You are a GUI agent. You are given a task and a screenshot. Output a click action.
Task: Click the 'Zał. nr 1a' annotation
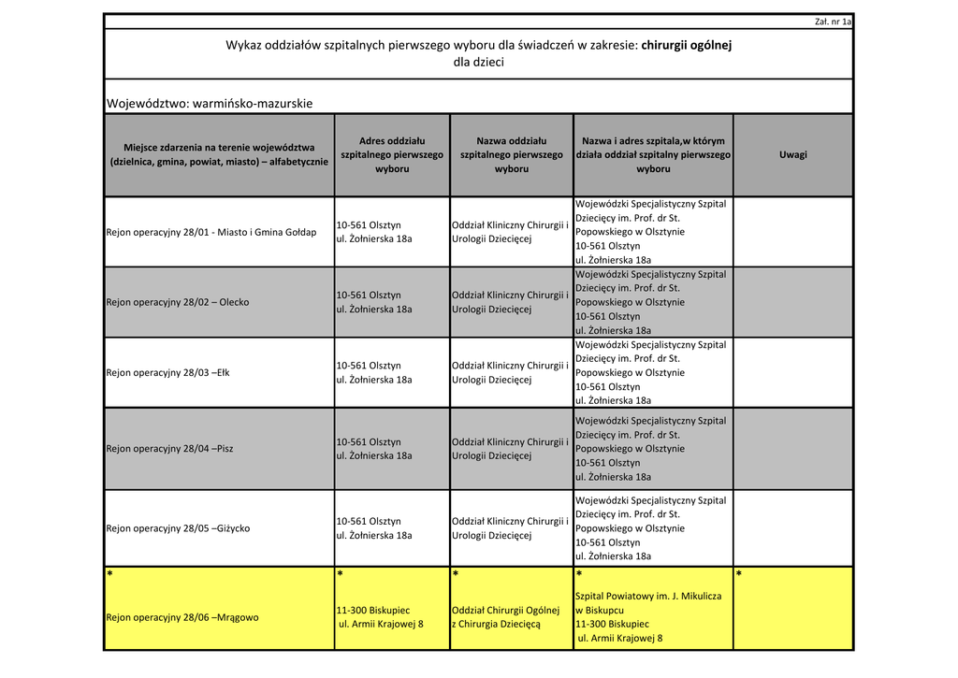[x=834, y=22]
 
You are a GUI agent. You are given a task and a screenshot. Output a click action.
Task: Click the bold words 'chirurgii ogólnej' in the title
[x=686, y=45]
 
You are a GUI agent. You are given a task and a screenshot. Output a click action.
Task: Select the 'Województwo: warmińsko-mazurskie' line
[x=210, y=103]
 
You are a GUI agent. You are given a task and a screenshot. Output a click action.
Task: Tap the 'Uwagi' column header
[x=792, y=154]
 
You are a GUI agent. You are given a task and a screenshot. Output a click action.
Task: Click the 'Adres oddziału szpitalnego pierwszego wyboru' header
[x=392, y=154]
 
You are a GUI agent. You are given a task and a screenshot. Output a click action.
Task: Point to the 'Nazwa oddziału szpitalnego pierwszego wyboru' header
[x=512, y=154]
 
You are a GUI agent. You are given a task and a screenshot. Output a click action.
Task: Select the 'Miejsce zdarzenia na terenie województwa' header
[x=219, y=154]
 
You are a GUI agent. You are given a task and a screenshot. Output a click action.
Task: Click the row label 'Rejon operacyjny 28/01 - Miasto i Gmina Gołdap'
[x=211, y=232]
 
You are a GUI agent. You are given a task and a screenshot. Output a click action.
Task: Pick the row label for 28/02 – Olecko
[x=178, y=302]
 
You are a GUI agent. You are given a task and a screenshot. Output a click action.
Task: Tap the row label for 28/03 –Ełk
[x=168, y=372]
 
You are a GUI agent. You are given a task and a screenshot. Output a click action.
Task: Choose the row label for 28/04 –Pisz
[x=170, y=449]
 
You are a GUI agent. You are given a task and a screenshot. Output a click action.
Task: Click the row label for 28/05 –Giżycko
[x=178, y=528]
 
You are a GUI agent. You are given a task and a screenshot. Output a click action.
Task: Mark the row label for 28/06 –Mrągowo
[x=182, y=617]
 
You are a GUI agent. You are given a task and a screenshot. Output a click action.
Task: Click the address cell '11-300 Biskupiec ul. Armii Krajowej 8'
[x=380, y=617]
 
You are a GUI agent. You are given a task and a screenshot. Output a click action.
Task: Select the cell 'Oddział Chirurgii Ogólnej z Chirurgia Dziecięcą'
[x=505, y=617]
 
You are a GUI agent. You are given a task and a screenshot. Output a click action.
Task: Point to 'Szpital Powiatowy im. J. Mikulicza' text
[x=648, y=596]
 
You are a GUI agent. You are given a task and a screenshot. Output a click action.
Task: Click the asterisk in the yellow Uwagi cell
[x=739, y=574]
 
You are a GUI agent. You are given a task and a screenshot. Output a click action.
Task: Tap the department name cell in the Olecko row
[x=510, y=302]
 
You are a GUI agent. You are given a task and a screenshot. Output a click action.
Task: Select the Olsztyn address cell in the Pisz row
[x=374, y=449]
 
